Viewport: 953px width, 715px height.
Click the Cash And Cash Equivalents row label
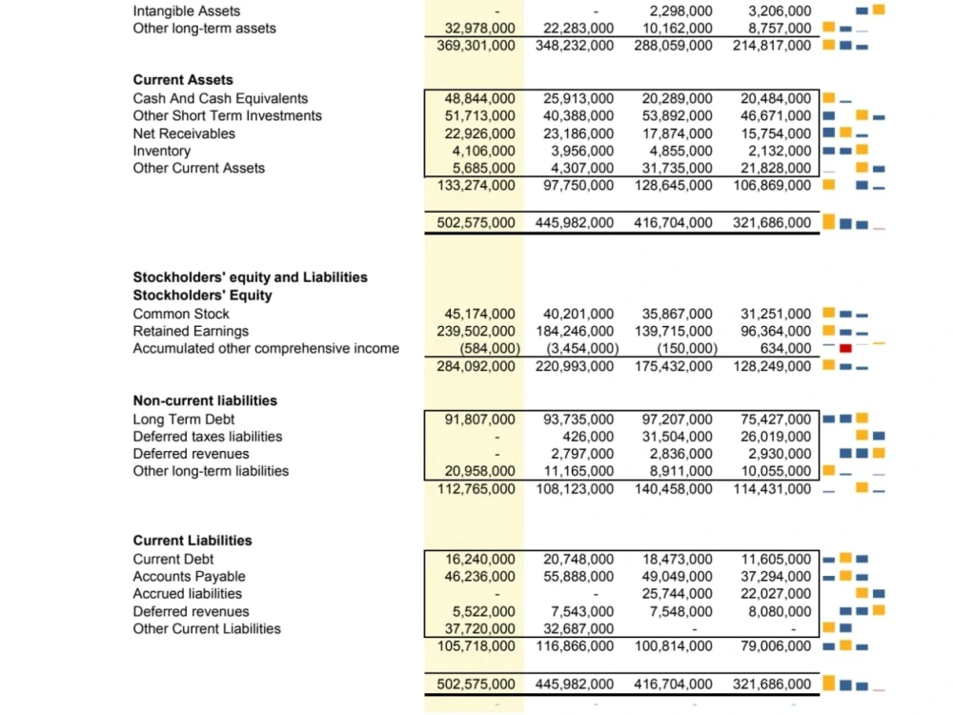pos(220,98)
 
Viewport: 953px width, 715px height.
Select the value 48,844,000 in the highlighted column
pos(480,98)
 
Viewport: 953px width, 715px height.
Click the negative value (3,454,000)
pos(581,348)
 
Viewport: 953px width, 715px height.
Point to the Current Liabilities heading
pos(193,541)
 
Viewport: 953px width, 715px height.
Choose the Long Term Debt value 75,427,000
pos(776,419)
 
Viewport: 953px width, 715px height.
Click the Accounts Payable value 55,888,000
pos(578,576)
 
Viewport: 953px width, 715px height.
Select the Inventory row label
pos(161,151)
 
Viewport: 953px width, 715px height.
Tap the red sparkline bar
pos(845,348)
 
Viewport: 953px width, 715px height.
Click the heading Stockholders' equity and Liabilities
pos(250,277)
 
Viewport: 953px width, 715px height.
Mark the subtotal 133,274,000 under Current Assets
pos(476,185)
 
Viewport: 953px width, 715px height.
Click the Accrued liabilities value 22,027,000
pos(776,594)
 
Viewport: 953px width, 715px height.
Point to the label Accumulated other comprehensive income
pos(266,348)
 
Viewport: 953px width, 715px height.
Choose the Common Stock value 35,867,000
pos(677,314)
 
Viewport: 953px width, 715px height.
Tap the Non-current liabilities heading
pos(205,400)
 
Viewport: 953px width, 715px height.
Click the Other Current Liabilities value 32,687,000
pos(578,628)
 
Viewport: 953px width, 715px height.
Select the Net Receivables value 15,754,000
pos(776,133)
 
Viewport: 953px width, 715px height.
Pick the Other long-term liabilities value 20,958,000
pos(480,471)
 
